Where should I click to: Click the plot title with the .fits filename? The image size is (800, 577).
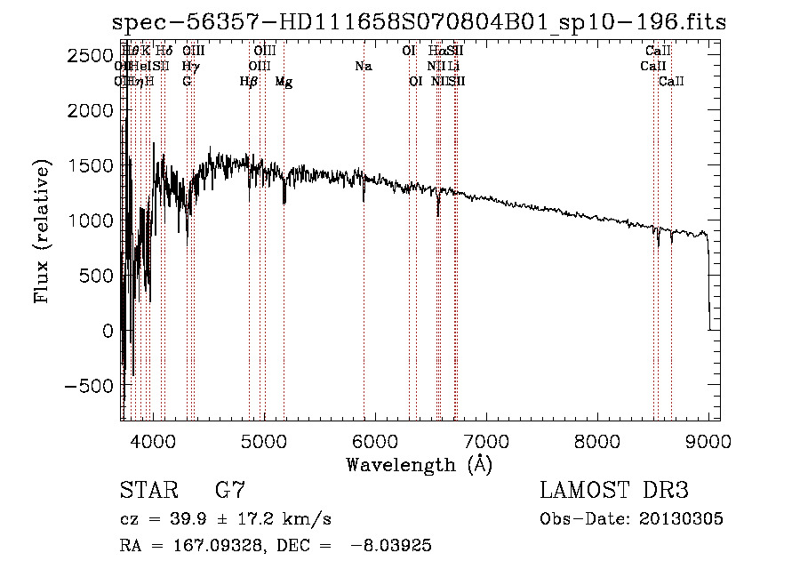[x=419, y=23]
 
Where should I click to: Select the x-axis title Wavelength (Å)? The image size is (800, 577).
[x=419, y=464]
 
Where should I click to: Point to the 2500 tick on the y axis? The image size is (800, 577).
[x=91, y=55]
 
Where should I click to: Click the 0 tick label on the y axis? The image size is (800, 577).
[x=108, y=331]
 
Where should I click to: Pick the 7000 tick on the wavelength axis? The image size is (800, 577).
[x=486, y=440]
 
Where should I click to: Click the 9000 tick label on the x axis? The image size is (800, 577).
[x=708, y=440]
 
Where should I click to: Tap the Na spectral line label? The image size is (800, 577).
[x=363, y=67]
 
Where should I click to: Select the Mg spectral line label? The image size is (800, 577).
[x=284, y=82]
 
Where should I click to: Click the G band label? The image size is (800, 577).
[x=187, y=82]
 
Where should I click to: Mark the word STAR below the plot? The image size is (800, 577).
[x=148, y=490]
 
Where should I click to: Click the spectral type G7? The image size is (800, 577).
[x=230, y=490]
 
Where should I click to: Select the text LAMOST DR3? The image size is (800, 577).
[x=614, y=490]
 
